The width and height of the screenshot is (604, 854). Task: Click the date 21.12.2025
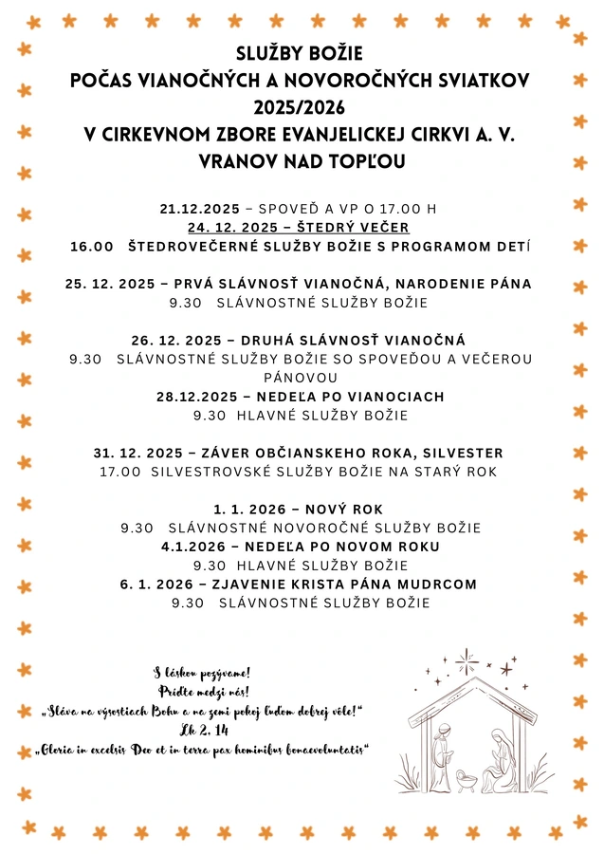pyautogui.click(x=201, y=209)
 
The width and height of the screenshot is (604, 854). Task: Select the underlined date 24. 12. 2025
pyautogui.click(x=232, y=228)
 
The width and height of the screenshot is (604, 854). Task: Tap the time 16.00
pyautogui.click(x=92, y=247)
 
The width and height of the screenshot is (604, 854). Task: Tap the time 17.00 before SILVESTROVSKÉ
pyautogui.click(x=120, y=472)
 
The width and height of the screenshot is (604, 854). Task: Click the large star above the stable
pyautogui.click(x=466, y=660)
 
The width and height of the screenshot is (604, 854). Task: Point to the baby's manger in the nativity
pyautogui.click(x=466, y=780)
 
